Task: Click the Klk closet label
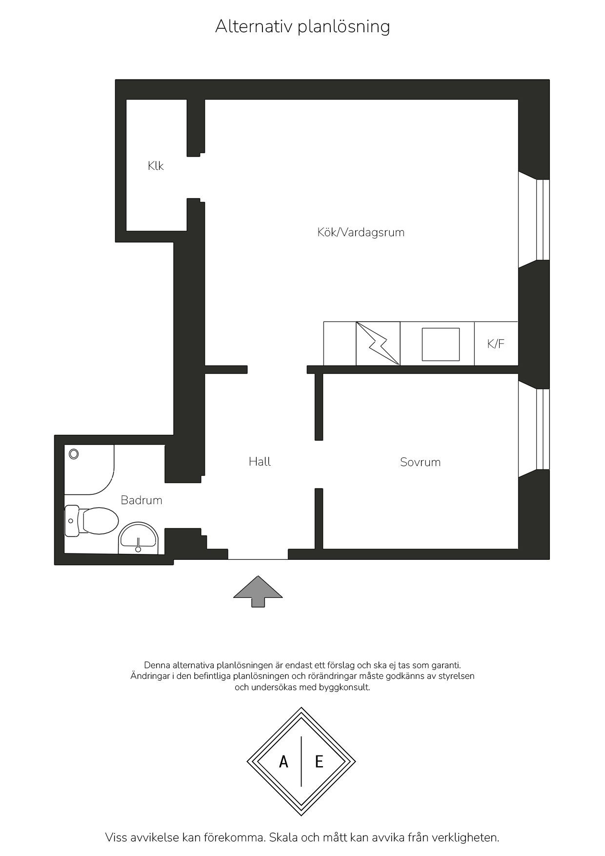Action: [x=156, y=166]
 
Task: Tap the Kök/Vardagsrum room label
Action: [x=361, y=232]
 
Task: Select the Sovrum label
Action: [x=420, y=462]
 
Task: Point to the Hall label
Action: [x=260, y=462]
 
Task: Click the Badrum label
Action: [x=141, y=500]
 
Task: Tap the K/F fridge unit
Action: [x=496, y=344]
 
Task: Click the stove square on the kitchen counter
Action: [x=441, y=345]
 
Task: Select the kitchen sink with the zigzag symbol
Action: [x=378, y=344]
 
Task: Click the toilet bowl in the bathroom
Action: [x=93, y=521]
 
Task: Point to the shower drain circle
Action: [x=74, y=454]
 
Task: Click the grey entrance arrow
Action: [x=258, y=591]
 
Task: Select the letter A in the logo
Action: [x=283, y=761]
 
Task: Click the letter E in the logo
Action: [x=319, y=761]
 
